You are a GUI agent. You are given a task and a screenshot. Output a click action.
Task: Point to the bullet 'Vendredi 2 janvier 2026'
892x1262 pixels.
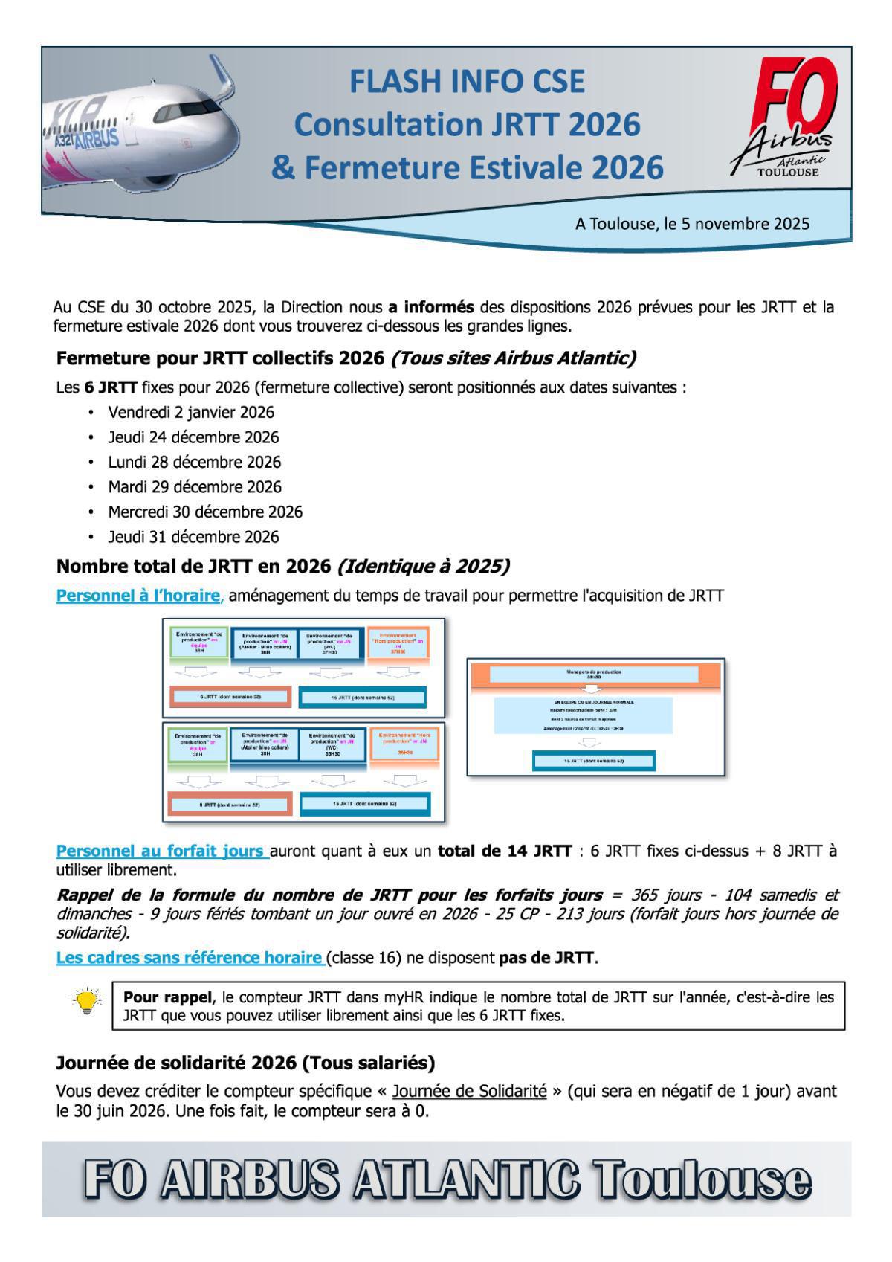point(191,412)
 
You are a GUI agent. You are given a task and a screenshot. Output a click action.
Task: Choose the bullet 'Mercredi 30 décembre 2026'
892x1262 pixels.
point(205,512)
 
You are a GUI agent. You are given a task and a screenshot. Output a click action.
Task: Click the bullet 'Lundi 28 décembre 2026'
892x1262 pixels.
point(195,462)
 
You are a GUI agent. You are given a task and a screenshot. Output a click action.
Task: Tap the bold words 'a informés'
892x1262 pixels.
point(430,307)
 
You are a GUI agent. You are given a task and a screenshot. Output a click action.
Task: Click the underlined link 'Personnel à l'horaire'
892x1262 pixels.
point(138,596)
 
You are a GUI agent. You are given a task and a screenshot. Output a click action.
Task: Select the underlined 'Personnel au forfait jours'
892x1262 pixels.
point(162,851)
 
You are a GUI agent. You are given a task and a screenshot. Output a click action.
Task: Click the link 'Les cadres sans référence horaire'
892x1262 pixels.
point(190,958)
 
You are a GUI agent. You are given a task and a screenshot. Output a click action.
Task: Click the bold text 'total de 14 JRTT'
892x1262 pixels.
point(505,851)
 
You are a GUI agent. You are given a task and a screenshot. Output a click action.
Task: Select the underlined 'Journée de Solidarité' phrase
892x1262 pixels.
point(469,1092)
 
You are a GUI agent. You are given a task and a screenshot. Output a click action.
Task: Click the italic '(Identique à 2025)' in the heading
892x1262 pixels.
point(423,567)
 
